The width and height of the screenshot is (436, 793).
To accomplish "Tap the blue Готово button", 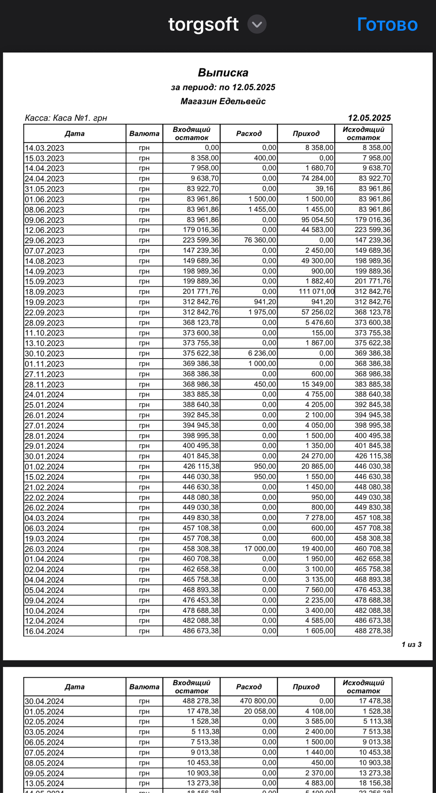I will point(387,25).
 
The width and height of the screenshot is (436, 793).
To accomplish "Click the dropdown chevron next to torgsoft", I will point(257,24).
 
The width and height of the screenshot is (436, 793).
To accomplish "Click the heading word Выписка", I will point(223,72).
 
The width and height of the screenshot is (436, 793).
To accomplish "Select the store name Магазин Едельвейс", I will point(223,101).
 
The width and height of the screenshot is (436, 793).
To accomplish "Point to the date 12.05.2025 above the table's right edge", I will point(369,118).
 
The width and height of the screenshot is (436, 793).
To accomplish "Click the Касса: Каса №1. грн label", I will point(66,118).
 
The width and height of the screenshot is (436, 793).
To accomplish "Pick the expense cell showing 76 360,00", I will point(260,240).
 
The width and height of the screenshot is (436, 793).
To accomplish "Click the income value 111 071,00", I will point(316,291).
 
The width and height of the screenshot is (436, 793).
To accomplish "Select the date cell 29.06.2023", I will point(44,240).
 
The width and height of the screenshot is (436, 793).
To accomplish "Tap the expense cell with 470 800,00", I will point(258,701).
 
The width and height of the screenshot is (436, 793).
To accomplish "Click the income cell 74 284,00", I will point(317,178).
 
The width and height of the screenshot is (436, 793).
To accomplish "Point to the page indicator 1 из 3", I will point(411,644).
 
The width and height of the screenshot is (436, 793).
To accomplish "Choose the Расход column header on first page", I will point(249,133).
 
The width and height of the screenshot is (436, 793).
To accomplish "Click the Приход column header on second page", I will point(306,687).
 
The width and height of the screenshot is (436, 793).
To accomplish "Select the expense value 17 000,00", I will point(260,549).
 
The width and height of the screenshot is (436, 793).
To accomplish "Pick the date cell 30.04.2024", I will point(44,701).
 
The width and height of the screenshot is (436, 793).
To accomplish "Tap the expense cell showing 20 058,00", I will point(260,711).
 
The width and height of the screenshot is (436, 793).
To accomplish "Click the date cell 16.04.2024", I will point(44,631).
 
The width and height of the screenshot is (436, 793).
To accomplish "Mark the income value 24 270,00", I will point(317,456).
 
